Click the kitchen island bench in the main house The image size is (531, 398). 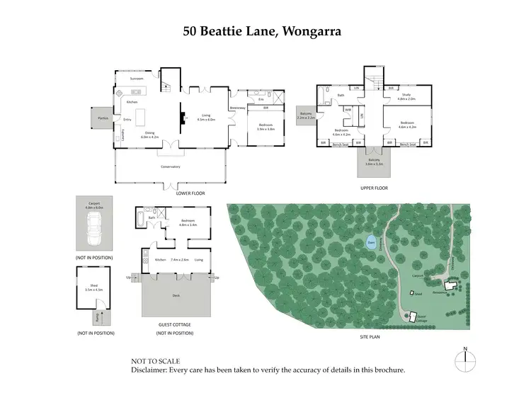point(139,117)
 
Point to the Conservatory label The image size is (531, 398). point(171,166)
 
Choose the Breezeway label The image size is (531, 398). point(237,108)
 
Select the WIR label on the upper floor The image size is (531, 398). point(348,110)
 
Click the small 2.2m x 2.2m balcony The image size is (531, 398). point(306,117)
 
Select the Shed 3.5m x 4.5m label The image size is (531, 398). point(93,287)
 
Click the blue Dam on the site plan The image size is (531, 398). point(371,243)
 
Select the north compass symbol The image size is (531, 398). point(464,360)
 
